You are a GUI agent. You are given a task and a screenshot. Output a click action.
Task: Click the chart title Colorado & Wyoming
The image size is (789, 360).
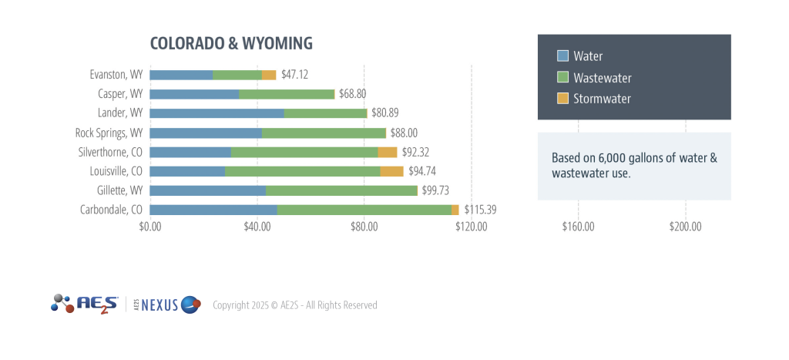231,42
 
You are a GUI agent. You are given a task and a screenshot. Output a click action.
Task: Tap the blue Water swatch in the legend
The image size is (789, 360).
562,56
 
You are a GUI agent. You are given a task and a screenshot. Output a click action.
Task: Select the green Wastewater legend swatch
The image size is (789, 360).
562,77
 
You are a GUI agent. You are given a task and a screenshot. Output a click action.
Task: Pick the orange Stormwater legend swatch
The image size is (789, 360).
562,99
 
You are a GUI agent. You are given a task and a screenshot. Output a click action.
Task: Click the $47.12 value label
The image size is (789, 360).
295,75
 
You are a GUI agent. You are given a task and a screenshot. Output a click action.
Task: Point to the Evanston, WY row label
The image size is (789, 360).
116,75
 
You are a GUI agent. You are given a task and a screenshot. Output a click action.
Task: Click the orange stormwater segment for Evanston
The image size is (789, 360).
269,75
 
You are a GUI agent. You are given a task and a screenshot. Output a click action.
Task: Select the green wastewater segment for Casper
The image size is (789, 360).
287,94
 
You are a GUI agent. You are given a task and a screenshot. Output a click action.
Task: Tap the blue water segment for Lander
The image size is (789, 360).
217,113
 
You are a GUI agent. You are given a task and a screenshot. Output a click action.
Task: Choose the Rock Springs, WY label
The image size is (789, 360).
109,133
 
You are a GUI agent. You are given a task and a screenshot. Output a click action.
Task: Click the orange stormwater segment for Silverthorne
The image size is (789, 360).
388,152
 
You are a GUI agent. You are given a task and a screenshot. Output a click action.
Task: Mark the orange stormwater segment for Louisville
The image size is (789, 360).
391,171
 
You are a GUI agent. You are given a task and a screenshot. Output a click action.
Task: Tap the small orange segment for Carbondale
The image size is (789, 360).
455,210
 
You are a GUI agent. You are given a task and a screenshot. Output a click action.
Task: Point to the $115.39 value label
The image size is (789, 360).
480,210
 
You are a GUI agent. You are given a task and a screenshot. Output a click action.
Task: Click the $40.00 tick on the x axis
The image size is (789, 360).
257,227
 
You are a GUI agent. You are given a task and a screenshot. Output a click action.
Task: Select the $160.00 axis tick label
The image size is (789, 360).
579,227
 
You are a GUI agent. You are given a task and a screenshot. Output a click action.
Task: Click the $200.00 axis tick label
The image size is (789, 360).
685,227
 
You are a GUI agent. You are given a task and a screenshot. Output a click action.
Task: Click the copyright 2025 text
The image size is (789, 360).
294,305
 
